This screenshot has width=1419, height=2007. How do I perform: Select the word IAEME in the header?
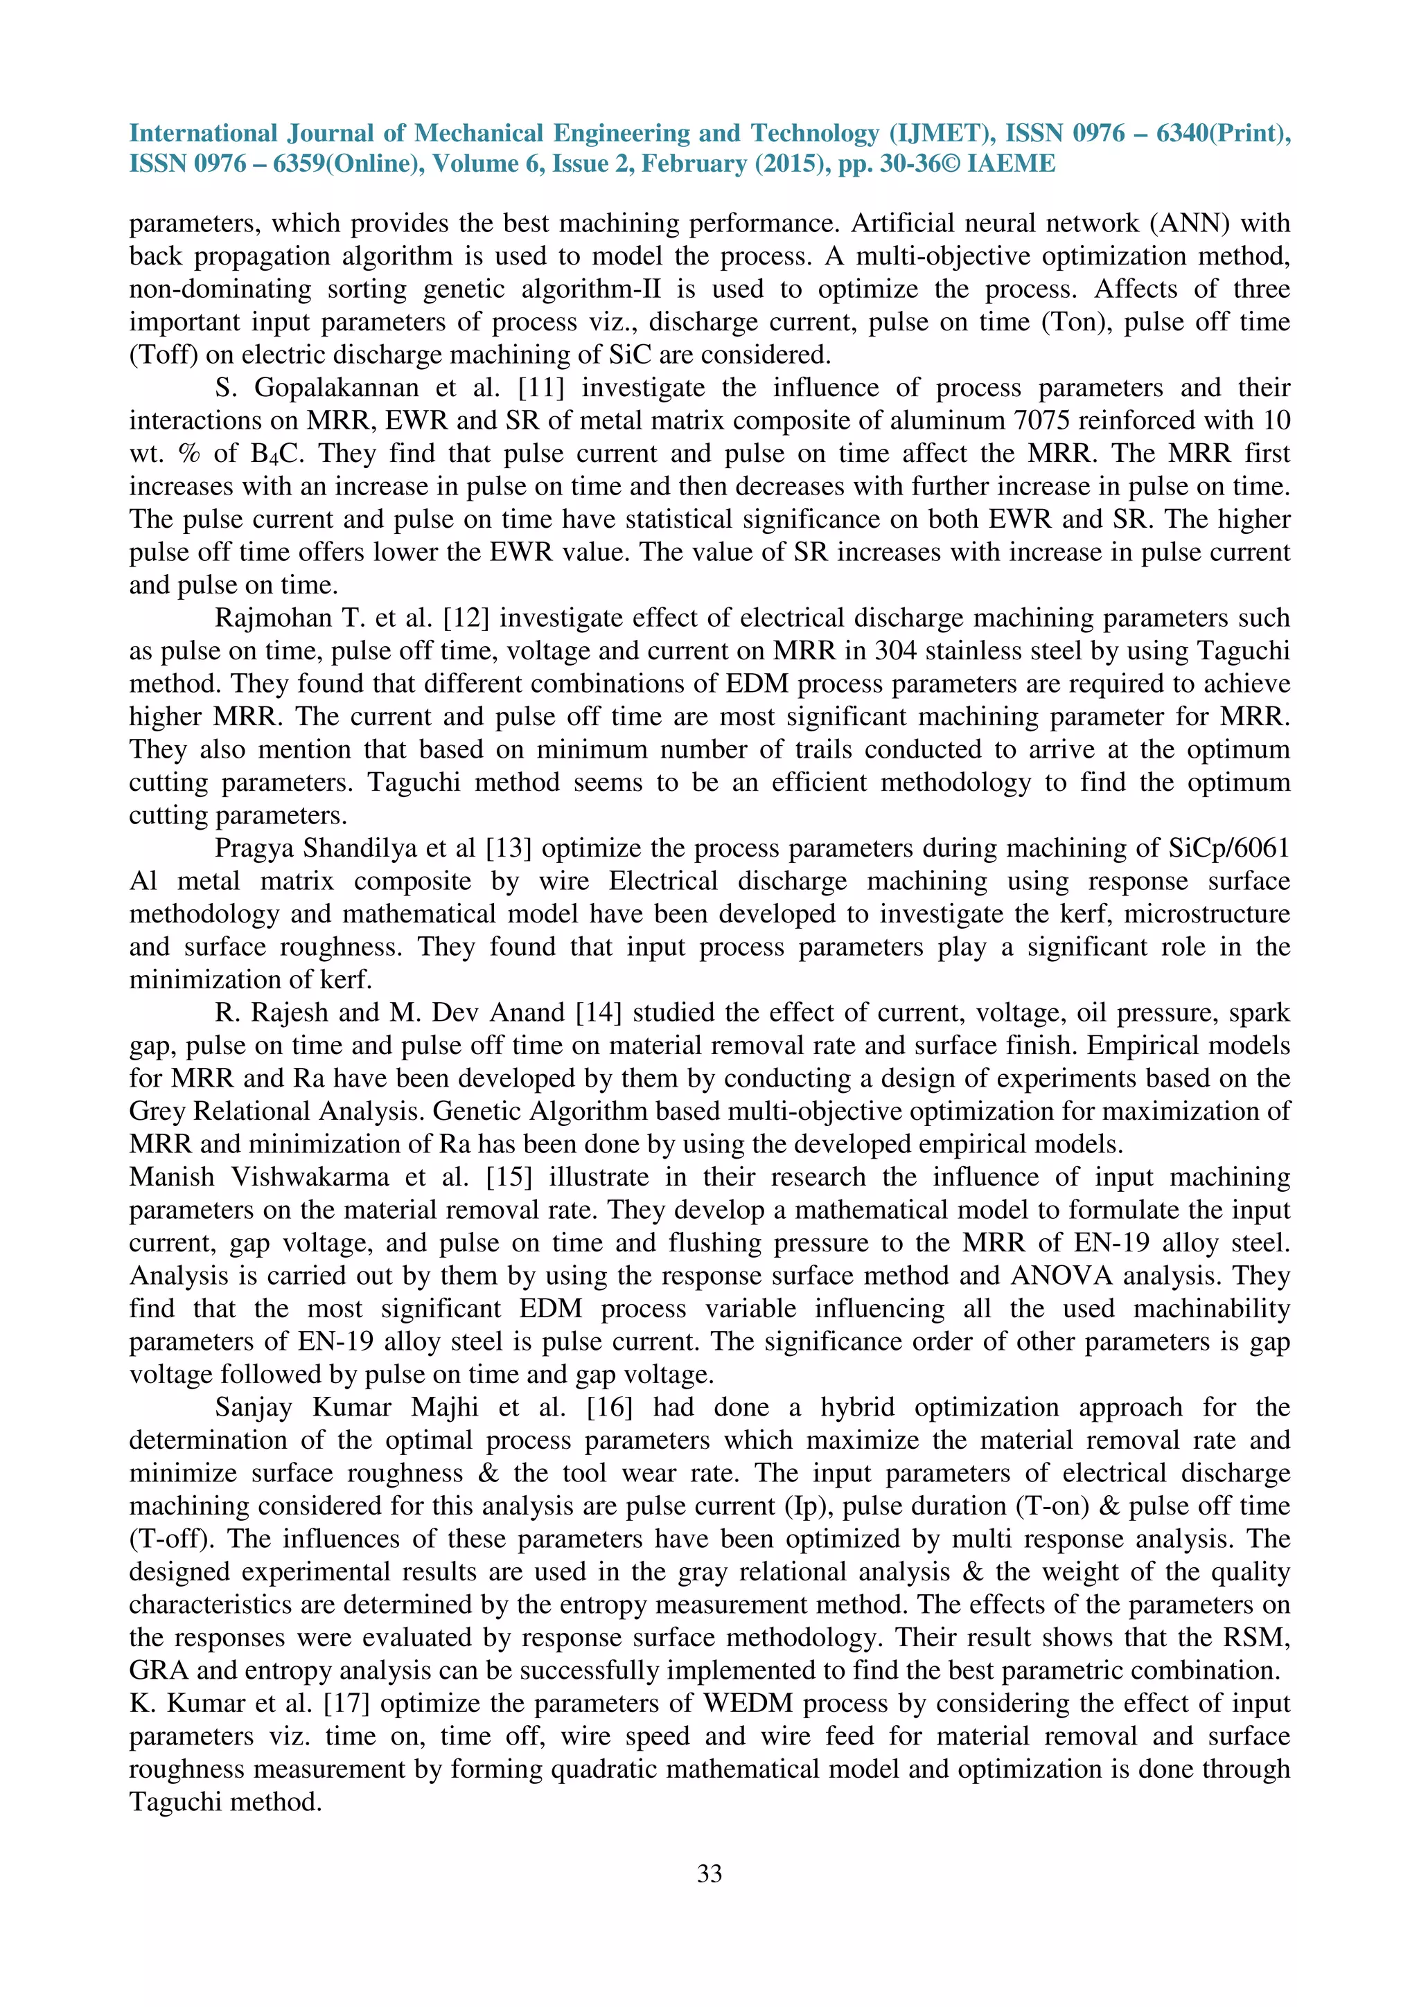[1012, 164]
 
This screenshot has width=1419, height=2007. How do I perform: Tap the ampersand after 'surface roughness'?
[488, 1473]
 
